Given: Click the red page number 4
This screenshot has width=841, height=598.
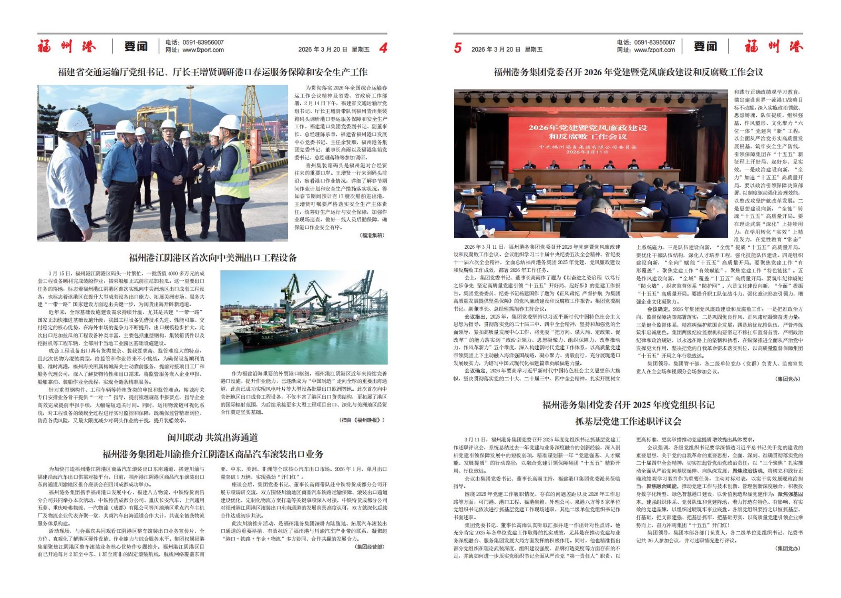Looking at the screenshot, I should point(383,48).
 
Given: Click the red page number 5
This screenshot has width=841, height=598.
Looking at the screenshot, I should point(458,48).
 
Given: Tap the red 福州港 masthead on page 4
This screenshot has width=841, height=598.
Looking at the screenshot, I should point(67,46).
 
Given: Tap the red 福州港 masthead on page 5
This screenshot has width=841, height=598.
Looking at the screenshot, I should point(774,46).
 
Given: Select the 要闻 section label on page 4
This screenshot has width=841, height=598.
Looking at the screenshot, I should point(136,46).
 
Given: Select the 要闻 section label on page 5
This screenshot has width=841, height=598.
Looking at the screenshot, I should point(705,46).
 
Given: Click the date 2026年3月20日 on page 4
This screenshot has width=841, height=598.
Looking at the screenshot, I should point(322,49).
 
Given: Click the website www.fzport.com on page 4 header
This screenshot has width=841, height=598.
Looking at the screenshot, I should point(203,50).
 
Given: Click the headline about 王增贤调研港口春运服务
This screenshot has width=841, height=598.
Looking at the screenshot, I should point(212,72).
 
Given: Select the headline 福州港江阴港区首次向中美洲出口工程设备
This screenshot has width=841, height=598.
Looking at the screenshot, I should point(213,258).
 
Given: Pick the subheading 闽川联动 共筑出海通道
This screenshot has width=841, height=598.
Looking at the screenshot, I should point(212,438).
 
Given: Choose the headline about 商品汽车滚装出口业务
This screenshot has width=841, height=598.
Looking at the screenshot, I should point(212,454).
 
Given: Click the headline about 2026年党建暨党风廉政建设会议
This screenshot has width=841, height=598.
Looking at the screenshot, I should point(628,72).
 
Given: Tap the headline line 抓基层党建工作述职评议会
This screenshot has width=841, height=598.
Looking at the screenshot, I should point(628,421).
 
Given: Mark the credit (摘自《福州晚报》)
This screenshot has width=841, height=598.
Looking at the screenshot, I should point(362,420).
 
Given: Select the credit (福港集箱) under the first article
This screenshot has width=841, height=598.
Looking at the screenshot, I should point(372,235).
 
